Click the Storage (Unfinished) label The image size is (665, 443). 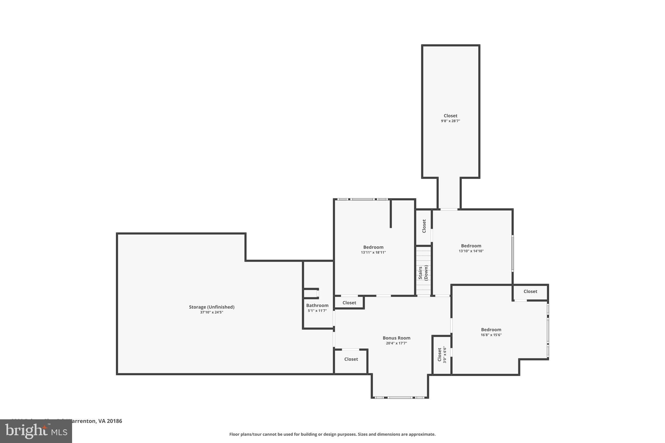[212, 307]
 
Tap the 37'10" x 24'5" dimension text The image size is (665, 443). [212, 312]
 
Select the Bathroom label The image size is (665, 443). [317, 305]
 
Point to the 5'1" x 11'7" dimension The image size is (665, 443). [317, 311]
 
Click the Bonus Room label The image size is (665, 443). [396, 338]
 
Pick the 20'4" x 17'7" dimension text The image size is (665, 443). [396, 343]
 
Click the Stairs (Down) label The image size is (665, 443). [423, 273]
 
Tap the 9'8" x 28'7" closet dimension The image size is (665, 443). [450, 121]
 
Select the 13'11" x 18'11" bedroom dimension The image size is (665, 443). [373, 252]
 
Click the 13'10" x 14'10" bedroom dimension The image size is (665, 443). [471, 251]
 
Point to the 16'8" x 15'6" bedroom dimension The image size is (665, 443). [491, 335]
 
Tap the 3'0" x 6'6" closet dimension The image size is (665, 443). [445, 355]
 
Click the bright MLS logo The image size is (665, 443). [36, 431]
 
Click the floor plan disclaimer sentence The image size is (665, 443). [332, 434]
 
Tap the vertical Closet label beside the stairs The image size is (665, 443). [424, 226]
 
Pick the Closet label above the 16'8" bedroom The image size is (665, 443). [530, 291]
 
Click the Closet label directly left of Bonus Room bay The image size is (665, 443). [351, 359]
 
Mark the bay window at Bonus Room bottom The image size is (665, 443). [400, 397]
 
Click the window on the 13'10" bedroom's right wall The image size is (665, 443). [513, 253]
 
